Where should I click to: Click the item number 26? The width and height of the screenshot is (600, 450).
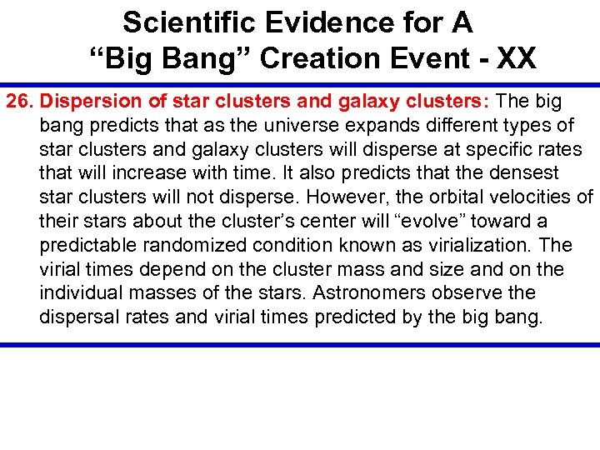(21, 102)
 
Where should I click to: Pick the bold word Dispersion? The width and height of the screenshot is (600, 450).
(89, 102)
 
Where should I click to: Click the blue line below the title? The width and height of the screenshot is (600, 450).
(300, 84)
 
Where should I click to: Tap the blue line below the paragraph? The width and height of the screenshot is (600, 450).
(300, 344)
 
